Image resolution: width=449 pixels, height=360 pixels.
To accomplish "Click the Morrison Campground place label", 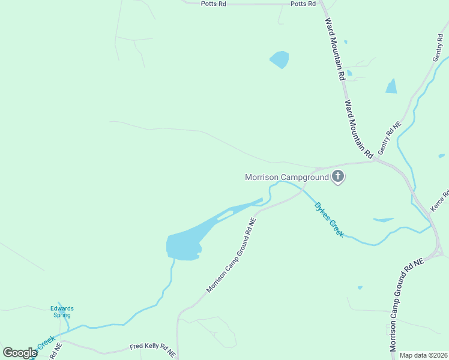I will click(x=286, y=177).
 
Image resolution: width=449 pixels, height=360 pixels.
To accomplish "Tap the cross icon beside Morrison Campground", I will click(x=338, y=176).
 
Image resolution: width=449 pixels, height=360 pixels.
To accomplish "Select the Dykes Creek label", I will click(x=330, y=218).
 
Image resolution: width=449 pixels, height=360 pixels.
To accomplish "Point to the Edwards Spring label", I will click(x=61, y=311).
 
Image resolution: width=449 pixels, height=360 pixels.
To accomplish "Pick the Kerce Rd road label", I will click(x=439, y=201).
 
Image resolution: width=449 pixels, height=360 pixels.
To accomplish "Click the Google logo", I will click(x=20, y=353).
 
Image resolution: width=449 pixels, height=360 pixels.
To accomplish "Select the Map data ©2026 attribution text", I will click(x=424, y=355).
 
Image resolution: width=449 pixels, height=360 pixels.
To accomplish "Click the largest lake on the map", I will click(x=183, y=245).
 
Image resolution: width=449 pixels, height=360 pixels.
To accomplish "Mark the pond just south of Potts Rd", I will click(x=279, y=59).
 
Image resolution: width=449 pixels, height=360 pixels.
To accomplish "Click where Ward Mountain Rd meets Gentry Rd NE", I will click(x=376, y=160).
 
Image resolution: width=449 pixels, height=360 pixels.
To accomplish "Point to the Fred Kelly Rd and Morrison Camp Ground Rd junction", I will click(x=178, y=347).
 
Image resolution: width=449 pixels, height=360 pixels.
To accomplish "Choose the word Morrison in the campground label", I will click(x=264, y=177).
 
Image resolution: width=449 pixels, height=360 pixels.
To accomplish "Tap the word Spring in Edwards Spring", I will click(x=61, y=315).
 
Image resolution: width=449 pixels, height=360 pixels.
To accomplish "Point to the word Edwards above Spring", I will click(x=61, y=308).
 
